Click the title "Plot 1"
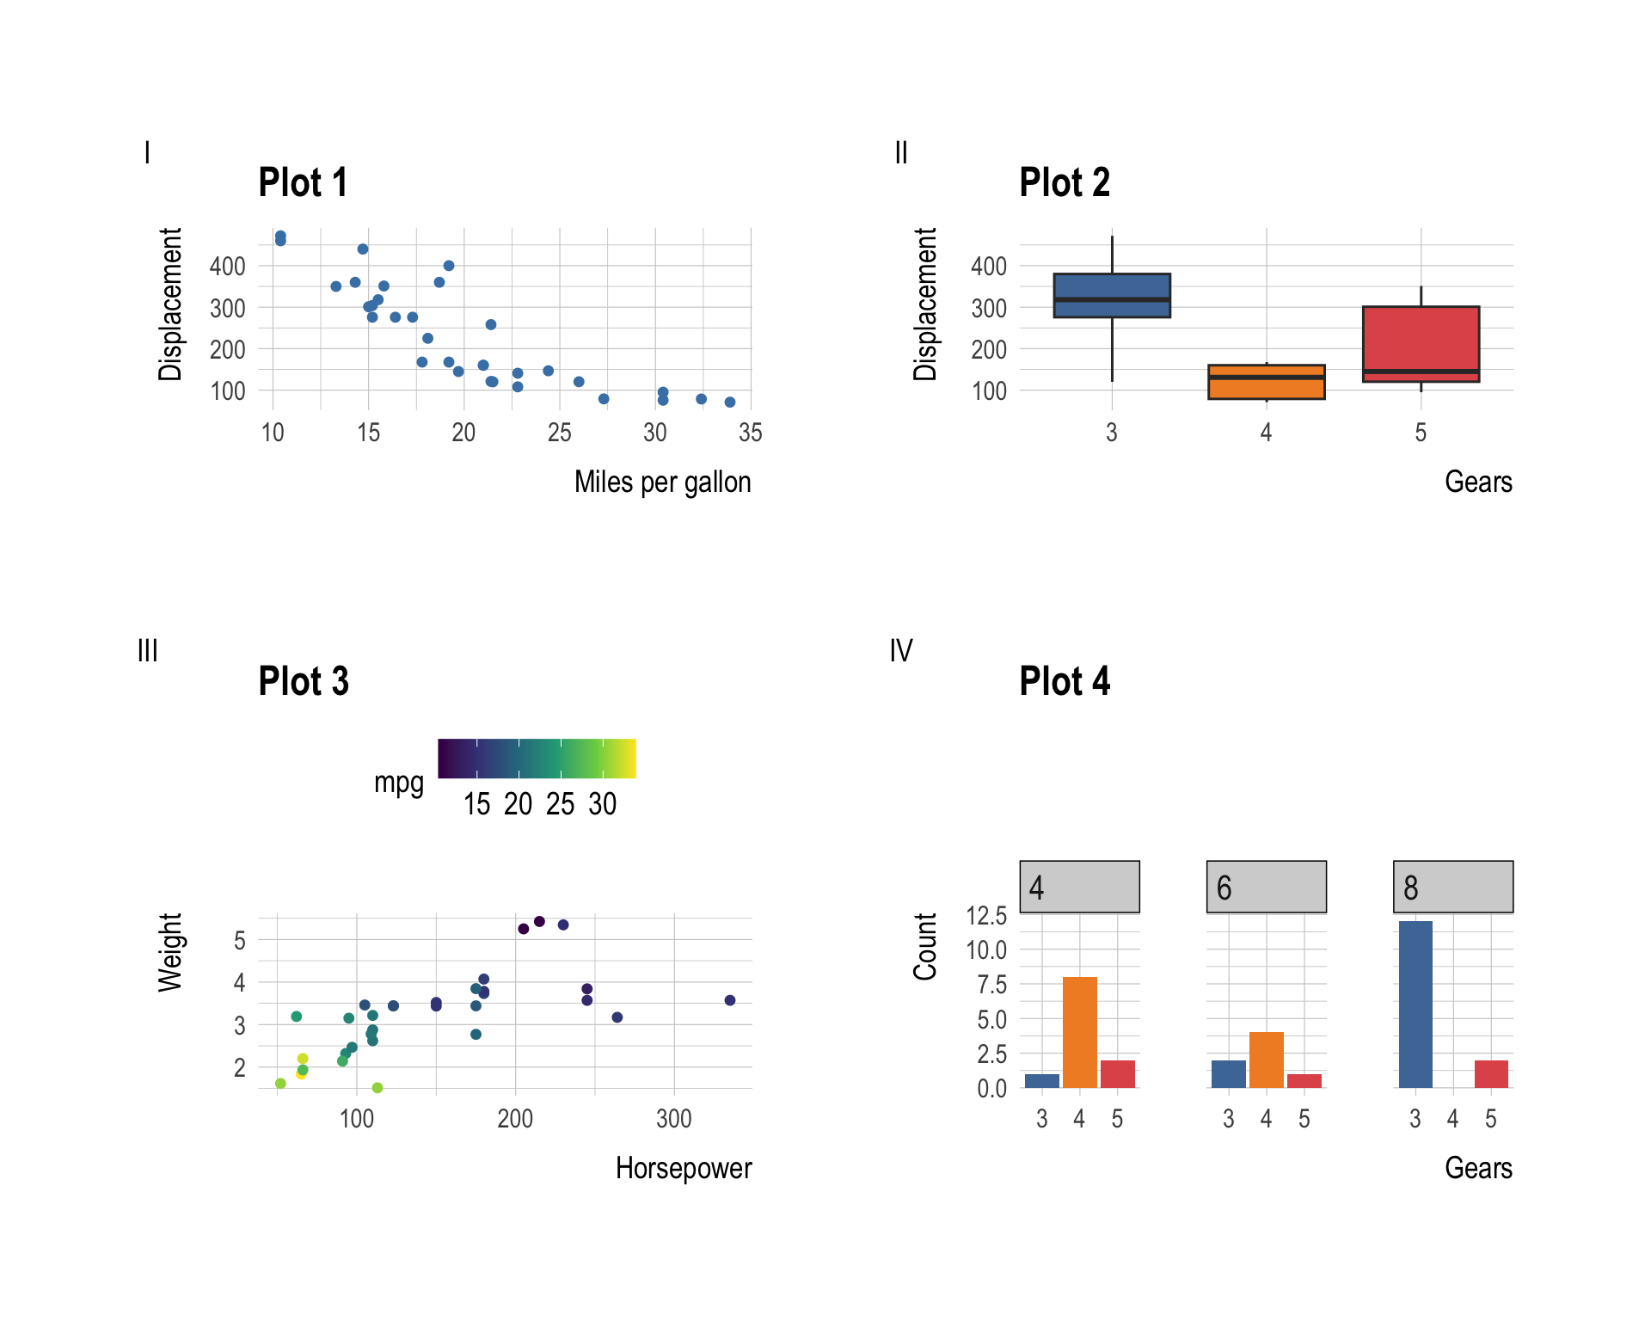303,183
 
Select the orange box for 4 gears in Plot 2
1266,383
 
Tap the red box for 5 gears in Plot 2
1421,343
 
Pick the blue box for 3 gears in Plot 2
1112,296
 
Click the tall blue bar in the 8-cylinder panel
1415,1005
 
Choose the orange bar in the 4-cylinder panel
1079,1032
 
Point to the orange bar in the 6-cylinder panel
1266,1060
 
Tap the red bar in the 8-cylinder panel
1491,1074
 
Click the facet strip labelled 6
1266,887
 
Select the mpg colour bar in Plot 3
537,759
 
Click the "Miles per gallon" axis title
662,482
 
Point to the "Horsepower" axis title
684,1169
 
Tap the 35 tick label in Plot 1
750,433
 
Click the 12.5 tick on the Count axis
986,916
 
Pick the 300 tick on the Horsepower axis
673,1119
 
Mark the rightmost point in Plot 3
730,1000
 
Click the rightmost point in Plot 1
730,402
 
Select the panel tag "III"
148,651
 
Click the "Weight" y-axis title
170,953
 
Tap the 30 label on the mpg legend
602,804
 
